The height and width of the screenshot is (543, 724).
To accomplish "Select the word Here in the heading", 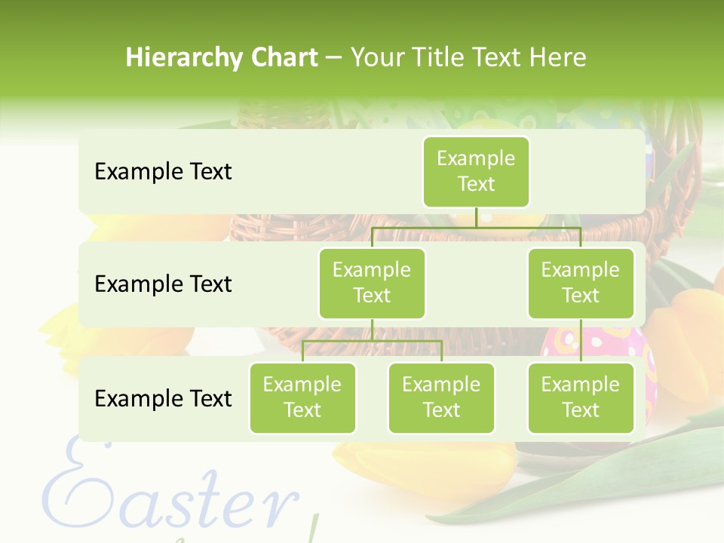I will (x=557, y=58).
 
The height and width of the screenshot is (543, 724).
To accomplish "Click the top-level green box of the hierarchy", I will (x=476, y=171).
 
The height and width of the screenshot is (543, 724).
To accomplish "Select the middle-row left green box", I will (x=372, y=283).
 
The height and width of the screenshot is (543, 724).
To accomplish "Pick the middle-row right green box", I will (x=581, y=283).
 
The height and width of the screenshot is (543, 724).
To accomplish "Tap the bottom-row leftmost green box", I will (x=302, y=397).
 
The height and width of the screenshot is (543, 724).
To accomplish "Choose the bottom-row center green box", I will (x=441, y=397).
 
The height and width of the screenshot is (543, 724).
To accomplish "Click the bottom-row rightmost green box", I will (x=581, y=397).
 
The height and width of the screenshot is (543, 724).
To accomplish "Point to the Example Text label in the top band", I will (x=163, y=172).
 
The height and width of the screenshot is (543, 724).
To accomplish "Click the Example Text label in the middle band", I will (x=163, y=284).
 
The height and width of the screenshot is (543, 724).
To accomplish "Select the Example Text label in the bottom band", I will (x=163, y=398).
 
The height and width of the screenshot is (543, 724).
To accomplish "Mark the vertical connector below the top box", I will (x=476, y=217).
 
